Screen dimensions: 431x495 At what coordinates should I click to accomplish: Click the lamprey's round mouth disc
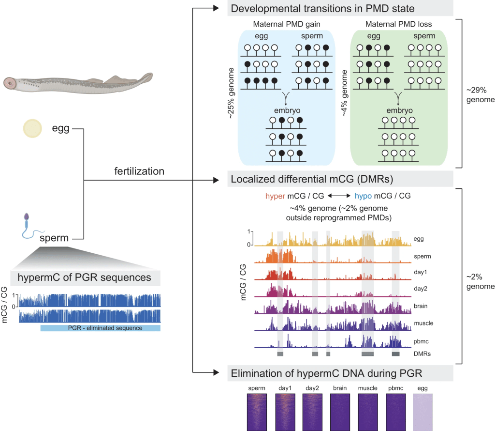click(x=10, y=83)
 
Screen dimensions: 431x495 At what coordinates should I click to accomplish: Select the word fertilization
click(x=139, y=171)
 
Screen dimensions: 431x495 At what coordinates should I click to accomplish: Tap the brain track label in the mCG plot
click(x=422, y=306)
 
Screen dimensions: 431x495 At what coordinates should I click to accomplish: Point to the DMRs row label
click(x=422, y=354)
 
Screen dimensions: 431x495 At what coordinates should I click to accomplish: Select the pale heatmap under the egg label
click(x=422, y=412)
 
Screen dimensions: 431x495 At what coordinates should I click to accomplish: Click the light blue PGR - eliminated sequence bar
click(x=100, y=328)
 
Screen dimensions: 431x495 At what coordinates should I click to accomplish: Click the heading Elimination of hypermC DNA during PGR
click(x=326, y=373)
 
